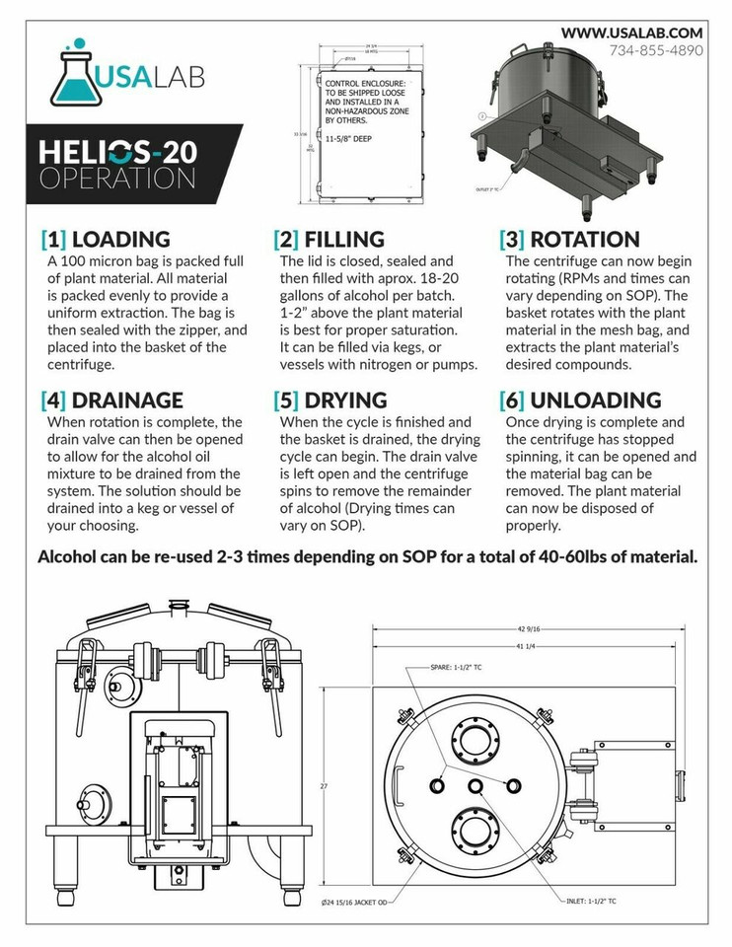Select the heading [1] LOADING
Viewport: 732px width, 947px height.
click(106, 240)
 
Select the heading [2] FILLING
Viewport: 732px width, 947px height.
click(329, 240)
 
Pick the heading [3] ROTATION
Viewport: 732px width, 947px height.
click(570, 240)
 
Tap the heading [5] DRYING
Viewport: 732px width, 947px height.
click(329, 401)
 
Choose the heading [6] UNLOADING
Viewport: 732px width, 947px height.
click(581, 401)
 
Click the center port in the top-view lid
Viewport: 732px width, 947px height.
click(476, 784)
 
